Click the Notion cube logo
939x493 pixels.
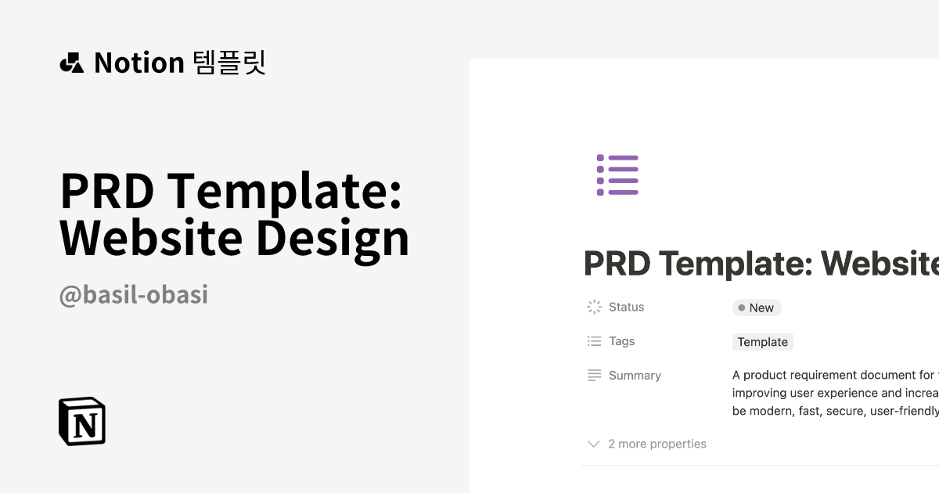coord(82,421)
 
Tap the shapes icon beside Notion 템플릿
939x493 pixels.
coord(72,63)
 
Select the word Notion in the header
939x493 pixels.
coord(139,63)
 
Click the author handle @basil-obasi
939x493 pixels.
coord(134,295)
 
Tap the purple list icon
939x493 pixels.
coord(617,175)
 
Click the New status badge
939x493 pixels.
coord(757,308)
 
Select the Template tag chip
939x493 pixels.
coord(763,342)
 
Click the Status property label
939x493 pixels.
coord(626,308)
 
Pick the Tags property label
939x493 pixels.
coord(622,341)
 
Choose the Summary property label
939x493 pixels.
coord(635,376)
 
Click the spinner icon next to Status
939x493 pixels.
coord(594,308)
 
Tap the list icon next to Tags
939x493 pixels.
coord(594,341)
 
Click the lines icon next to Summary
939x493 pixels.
coord(594,376)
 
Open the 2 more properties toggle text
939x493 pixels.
coord(657,444)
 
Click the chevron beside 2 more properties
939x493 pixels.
coord(593,444)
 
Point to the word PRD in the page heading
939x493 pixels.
coord(617,264)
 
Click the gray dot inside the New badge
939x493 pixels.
coord(741,308)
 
